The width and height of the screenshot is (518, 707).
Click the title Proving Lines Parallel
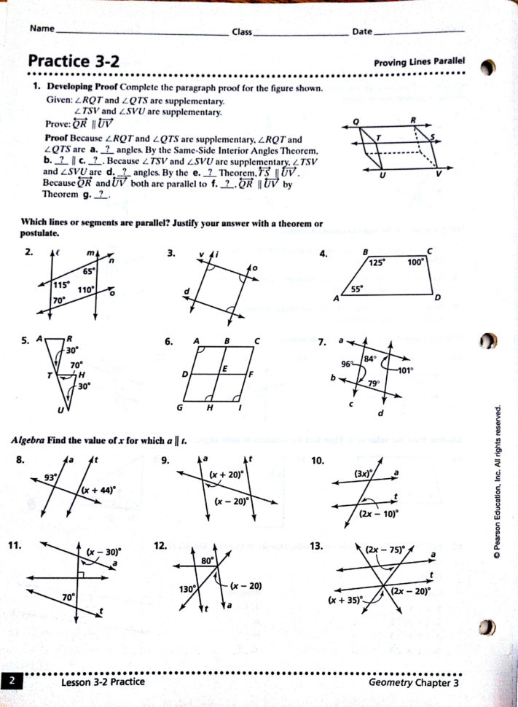[x=419, y=63]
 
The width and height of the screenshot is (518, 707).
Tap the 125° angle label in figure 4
[x=377, y=263]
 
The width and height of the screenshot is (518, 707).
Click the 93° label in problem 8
[x=50, y=477]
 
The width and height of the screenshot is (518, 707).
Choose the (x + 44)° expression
[x=98, y=491]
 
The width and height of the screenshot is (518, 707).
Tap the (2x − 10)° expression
[x=379, y=513]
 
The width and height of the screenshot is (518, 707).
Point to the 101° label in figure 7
[x=405, y=370]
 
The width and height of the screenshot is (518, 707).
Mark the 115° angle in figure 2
[x=60, y=285]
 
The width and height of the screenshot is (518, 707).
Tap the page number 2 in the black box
[x=12, y=682]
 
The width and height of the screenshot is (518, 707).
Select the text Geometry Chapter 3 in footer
[x=413, y=683]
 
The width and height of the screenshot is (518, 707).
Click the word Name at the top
[x=43, y=30]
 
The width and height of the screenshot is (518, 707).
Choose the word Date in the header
[x=362, y=32]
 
